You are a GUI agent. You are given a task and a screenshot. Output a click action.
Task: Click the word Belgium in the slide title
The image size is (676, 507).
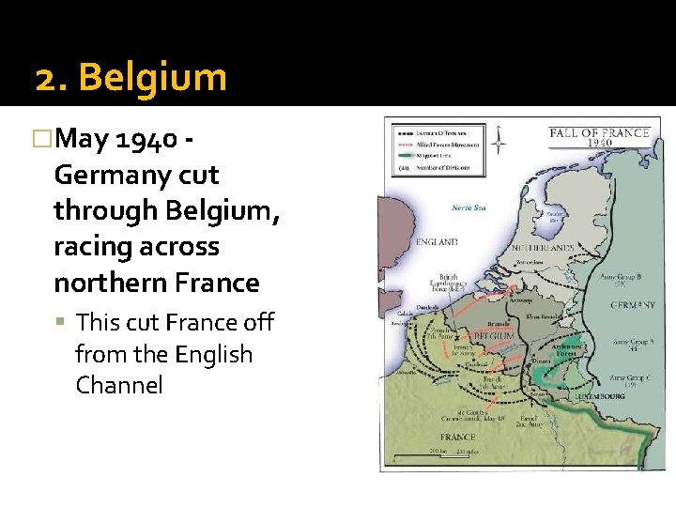tap(153, 77)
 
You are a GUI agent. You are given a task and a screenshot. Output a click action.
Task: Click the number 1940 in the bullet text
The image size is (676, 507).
tap(146, 140)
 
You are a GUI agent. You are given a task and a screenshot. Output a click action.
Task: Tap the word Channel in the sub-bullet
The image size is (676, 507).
tap(119, 385)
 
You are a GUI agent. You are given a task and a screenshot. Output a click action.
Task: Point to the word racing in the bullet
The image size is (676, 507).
tap(90, 247)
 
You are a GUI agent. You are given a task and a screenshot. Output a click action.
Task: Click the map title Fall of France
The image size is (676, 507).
tap(599, 132)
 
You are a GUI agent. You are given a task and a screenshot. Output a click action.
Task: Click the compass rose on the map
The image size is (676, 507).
tap(499, 142)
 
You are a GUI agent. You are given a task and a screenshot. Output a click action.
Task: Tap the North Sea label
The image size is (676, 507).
tap(467, 207)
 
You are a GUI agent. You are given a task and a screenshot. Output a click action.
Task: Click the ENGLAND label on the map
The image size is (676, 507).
tap(436, 242)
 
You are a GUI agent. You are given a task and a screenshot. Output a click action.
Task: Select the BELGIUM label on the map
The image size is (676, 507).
tap(492, 335)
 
